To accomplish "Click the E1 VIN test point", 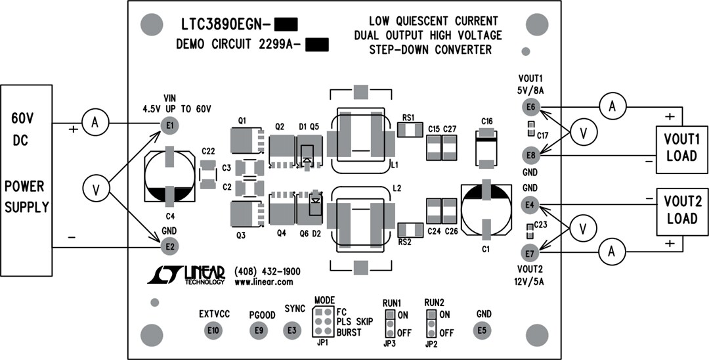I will [x=170, y=125].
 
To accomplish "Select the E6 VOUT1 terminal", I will [x=530, y=106].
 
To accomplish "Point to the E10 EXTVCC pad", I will [x=213, y=330].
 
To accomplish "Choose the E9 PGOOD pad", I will [x=259, y=330].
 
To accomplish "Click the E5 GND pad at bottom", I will [x=483, y=330].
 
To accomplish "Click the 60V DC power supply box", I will [x=26, y=179].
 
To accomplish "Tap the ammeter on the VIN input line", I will [x=94, y=123].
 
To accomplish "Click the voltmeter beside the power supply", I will [x=95, y=189].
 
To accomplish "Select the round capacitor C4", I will [x=169, y=176].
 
